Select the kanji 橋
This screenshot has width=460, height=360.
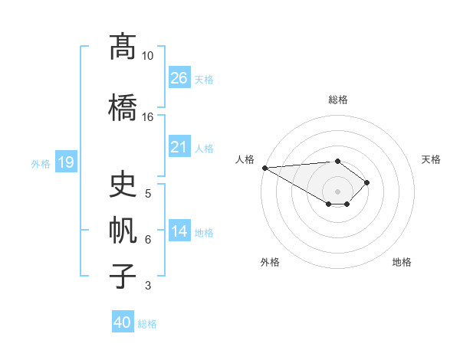coord(123,106)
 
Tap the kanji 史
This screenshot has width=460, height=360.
coord(123,185)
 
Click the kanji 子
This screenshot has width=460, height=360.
coord(123,276)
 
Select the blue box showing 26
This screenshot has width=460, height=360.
coord(179,78)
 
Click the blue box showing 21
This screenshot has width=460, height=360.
coord(179,147)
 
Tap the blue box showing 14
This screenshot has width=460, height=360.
coord(179,232)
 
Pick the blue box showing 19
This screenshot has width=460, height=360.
coord(65,162)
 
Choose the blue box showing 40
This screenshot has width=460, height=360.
coord(123,322)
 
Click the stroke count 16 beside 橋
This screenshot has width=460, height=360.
coord(147,117)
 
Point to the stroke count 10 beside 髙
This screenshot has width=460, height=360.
coord(147,56)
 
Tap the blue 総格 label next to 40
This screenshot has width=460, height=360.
coord(147,324)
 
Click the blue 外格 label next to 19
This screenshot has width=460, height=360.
coord(41,163)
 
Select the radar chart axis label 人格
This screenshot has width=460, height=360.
coord(245,159)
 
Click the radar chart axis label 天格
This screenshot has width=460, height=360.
coord(431,159)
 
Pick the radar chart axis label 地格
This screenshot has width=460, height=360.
coord(402,262)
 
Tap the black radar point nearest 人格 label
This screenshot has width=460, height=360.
coord(264,168)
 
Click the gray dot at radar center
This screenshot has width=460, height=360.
coord(337,191)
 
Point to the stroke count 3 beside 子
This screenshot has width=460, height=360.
coord(148,286)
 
